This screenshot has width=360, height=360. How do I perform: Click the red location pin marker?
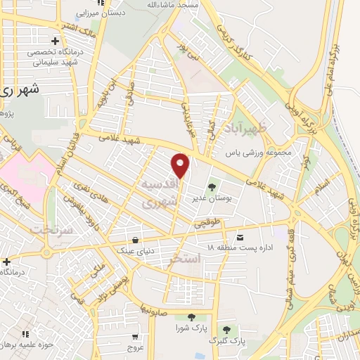[x=181, y=165]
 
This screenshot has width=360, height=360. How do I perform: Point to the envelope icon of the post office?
[x=240, y=236]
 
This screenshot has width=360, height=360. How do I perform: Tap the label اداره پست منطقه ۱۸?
[x=239, y=248]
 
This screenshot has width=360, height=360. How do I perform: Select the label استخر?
[x=186, y=259]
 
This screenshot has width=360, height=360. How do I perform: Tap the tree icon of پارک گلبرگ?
[x=226, y=328]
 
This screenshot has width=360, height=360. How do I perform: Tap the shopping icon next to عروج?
[x=134, y=335]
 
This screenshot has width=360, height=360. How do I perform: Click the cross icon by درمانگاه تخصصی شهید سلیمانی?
[x=55, y=40]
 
